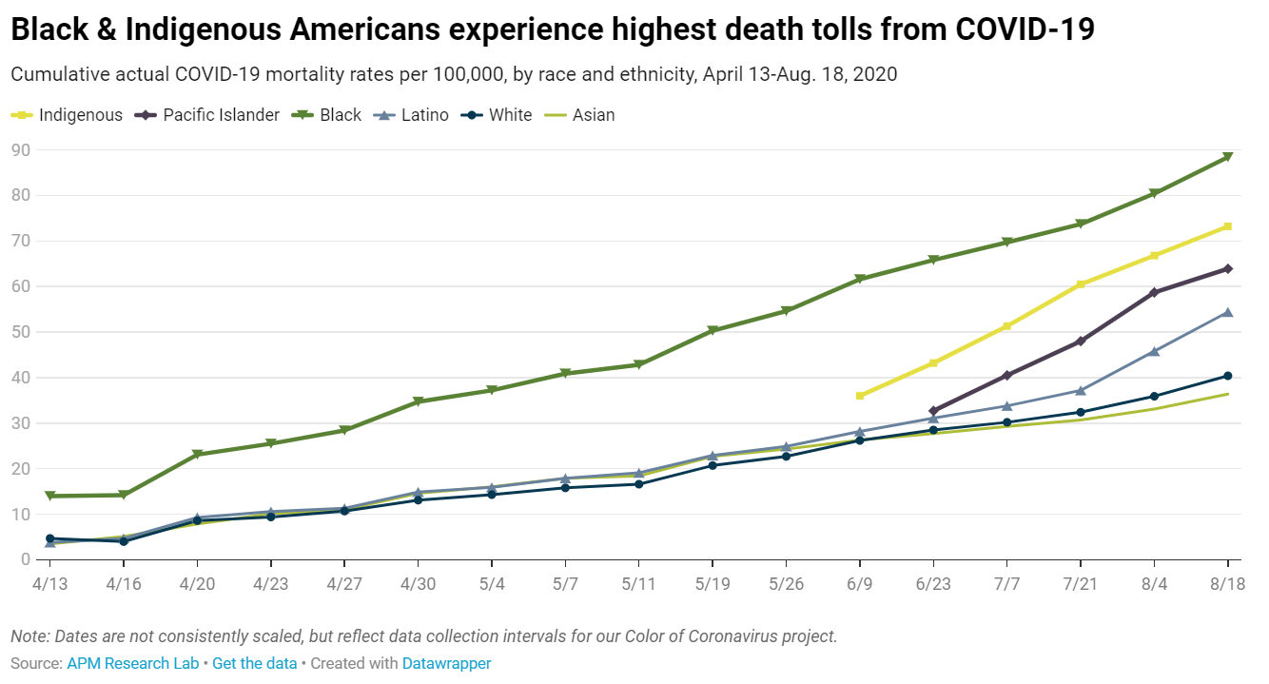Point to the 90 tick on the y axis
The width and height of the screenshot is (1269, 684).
20,150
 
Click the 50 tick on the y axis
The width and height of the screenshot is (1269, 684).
20,332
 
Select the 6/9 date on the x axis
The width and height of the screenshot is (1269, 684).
860,584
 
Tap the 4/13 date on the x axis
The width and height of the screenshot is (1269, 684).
50,584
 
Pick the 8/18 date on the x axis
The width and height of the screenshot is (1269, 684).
1227,584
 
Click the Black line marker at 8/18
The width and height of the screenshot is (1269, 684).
1228,157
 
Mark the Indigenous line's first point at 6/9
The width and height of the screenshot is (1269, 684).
860,396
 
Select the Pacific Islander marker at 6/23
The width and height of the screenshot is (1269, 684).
933,411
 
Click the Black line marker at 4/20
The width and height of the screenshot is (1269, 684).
197,455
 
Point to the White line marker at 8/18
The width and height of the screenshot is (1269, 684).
1228,376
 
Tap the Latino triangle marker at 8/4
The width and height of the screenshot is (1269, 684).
1154,351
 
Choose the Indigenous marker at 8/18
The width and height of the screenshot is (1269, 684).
1228,226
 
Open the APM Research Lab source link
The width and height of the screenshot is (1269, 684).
132,663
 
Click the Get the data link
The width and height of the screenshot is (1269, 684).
254,663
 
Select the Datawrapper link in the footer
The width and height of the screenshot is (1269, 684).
446,663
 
